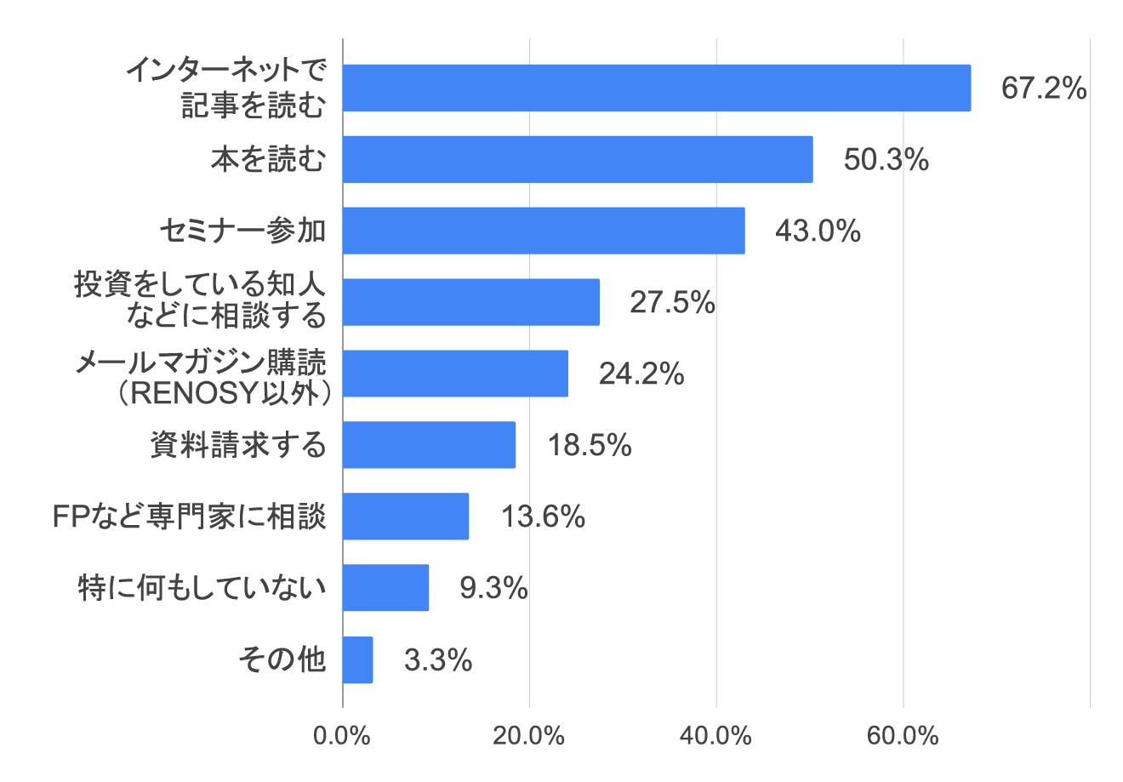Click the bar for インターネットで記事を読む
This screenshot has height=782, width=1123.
pyautogui.click(x=656, y=88)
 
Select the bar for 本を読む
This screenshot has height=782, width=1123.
pyautogui.click(x=578, y=159)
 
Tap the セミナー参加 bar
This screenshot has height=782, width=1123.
pyautogui.click(x=544, y=231)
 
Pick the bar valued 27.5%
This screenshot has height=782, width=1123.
pyautogui.click(x=470, y=302)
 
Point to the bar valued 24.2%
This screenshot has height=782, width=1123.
pyautogui.click(x=455, y=374)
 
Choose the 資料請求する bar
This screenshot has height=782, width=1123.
pyautogui.click(x=429, y=444)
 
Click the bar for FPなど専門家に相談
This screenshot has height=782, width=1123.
pyautogui.click(x=406, y=516)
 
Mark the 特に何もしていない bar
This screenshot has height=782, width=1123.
pyautogui.click(x=385, y=587)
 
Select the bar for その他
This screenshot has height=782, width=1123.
pyautogui.click(x=357, y=659)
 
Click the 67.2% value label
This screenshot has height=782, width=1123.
pyautogui.click(x=1043, y=88)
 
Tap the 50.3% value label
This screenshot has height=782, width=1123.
pyautogui.click(x=886, y=159)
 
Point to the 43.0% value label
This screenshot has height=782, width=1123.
pyautogui.click(x=818, y=231)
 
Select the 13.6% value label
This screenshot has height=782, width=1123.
pyautogui.click(x=542, y=516)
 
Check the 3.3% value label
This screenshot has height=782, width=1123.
pyautogui.click(x=437, y=659)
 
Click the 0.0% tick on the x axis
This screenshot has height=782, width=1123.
pyautogui.click(x=342, y=736)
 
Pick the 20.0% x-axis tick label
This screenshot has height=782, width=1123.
pyautogui.click(x=529, y=736)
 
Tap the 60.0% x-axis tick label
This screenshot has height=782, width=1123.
pyautogui.click(x=903, y=736)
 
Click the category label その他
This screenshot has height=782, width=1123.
pyautogui.click(x=282, y=659)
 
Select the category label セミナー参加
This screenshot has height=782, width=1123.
pyautogui.click(x=243, y=231)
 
